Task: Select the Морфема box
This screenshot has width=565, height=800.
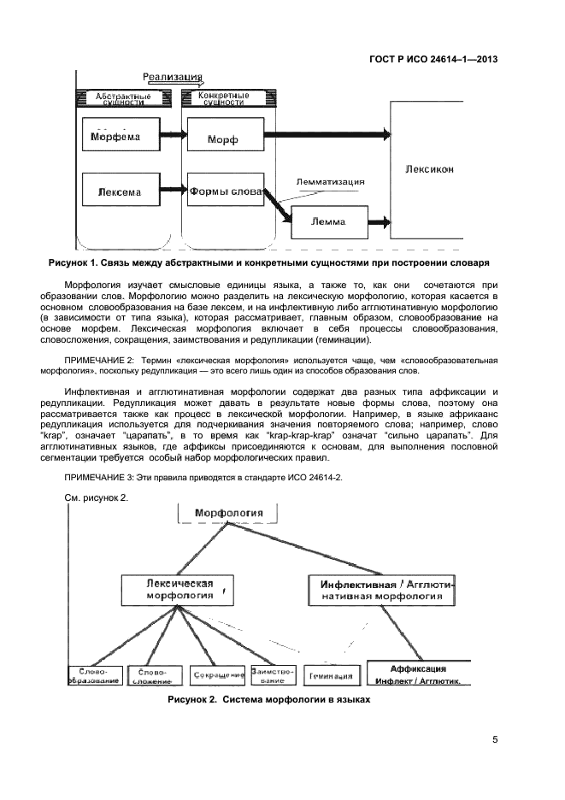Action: click(x=121, y=136)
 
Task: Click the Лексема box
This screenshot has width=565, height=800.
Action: click(x=121, y=189)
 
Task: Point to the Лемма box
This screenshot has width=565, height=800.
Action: click(x=328, y=221)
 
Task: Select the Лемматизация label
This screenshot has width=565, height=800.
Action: click(x=330, y=181)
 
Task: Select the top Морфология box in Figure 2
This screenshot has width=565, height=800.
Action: click(x=230, y=513)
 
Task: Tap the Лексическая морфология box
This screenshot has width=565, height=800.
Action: click(x=179, y=590)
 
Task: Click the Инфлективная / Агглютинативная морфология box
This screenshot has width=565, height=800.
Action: click(x=381, y=590)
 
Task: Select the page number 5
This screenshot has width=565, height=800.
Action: click(x=495, y=739)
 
